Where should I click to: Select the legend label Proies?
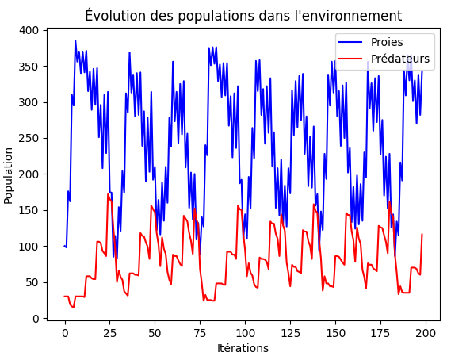tap(387, 43)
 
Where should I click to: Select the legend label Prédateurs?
tap(400, 59)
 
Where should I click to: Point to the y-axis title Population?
tap(9, 174)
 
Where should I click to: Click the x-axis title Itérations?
tap(243, 348)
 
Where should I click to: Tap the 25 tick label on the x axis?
tap(110, 331)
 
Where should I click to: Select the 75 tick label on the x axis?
tap(201, 331)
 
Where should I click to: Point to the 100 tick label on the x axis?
tap(245, 331)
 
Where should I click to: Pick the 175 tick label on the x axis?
tap(380, 331)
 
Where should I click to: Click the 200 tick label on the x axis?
tap(426, 331)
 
